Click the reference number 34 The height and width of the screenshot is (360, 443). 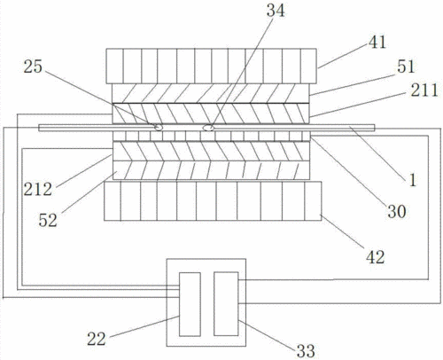pos(276,11)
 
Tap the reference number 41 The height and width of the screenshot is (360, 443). pos(377,42)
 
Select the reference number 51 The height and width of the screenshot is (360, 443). pos(406,67)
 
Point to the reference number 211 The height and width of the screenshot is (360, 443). pos(424,90)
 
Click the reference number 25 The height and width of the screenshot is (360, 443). pos(33,67)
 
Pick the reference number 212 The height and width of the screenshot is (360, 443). pos(38,189)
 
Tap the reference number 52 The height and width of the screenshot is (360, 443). pos(48,220)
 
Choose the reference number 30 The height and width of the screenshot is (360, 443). pos(397,212)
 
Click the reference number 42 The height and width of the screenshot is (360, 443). pos(376,257)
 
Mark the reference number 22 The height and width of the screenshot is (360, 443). pos(97,339)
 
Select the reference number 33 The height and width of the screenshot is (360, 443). pos(306,351)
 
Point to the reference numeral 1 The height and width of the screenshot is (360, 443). pos(413,180)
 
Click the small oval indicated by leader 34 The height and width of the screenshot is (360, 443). pos(208,128)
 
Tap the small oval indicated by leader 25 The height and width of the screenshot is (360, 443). pos(159,128)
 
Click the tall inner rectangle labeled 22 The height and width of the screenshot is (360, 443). pos(190,304)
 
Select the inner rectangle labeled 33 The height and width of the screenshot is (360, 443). pos(226,304)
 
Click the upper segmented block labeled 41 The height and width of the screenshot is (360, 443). pos(211,67)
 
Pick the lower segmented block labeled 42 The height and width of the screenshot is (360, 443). pos(213,201)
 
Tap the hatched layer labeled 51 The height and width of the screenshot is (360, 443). pos(211,94)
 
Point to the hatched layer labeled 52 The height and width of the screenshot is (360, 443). pos(211,170)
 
